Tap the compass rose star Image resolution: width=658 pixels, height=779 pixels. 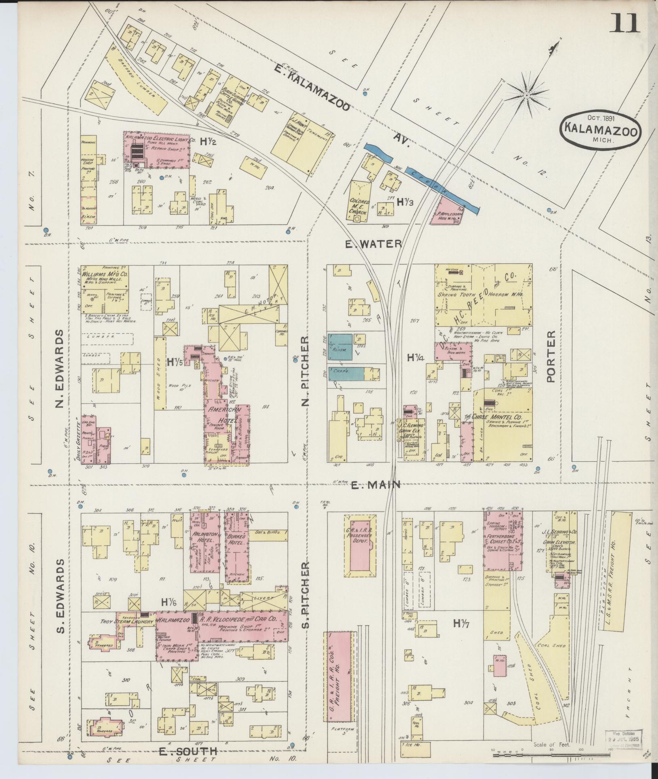coord(526,95)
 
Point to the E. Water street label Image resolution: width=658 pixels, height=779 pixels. coord(373,244)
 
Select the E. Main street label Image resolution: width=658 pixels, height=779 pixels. coord(375,485)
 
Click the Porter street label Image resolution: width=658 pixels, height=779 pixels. coord(551,356)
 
